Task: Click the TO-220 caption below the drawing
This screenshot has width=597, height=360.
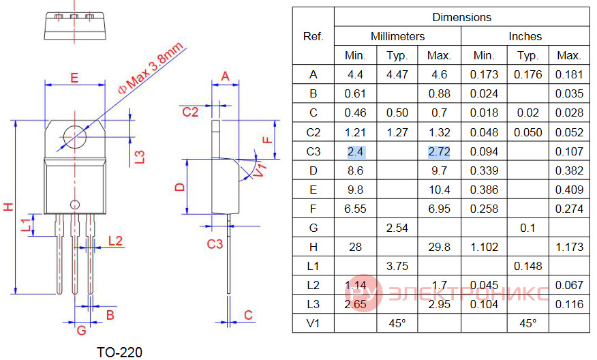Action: (119, 352)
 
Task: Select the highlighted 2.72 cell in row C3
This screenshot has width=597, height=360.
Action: (439, 151)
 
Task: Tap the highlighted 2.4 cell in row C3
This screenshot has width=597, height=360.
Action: (355, 151)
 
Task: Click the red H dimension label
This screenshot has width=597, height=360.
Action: (8, 207)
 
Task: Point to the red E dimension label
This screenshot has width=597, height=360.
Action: (75, 78)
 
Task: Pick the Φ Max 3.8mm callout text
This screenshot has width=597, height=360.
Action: (151, 69)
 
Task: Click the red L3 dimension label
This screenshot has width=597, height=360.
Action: (140, 157)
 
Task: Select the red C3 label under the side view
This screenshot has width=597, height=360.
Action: (215, 244)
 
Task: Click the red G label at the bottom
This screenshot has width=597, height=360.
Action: (82, 330)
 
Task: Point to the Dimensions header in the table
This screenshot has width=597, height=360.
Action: (462, 17)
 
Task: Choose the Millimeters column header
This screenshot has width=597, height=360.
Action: (397, 36)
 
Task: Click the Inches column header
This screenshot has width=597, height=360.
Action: (525, 36)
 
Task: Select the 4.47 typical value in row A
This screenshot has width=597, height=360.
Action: (397, 74)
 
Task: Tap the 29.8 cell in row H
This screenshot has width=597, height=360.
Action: (439, 247)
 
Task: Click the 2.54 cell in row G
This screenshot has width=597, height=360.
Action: (397, 228)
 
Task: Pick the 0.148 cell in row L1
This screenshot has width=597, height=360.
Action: (527, 266)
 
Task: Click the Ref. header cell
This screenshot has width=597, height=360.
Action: (313, 36)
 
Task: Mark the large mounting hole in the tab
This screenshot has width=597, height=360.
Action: (75, 137)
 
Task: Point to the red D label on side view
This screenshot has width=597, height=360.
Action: (180, 187)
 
